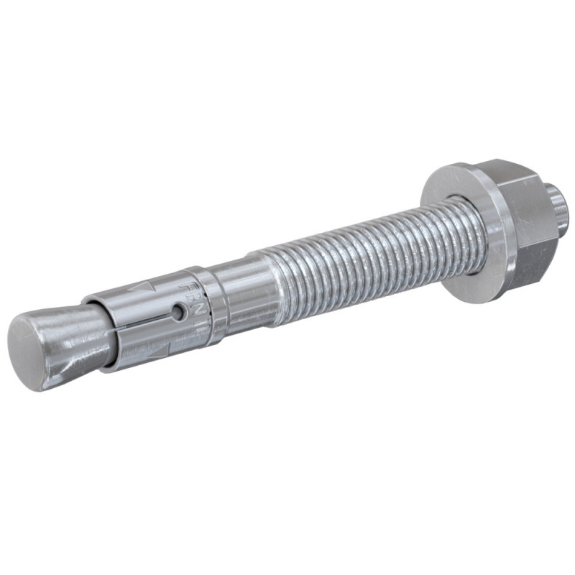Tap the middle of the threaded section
359,244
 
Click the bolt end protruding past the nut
560,198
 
